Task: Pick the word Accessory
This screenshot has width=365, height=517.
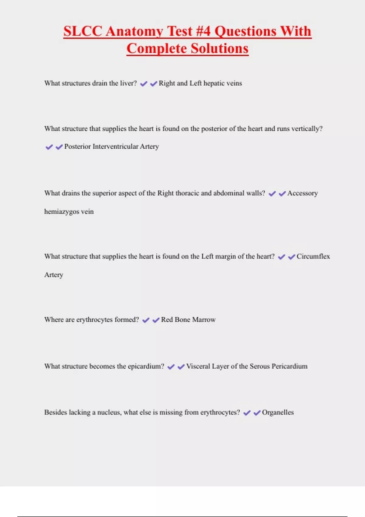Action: click(x=302, y=193)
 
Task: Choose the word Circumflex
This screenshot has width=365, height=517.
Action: click(x=313, y=257)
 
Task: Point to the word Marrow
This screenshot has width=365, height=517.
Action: click(x=204, y=320)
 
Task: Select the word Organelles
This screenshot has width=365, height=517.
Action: click(x=278, y=413)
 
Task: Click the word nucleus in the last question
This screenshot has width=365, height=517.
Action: click(x=109, y=413)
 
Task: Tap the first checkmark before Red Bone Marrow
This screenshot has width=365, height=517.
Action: click(x=146, y=320)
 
